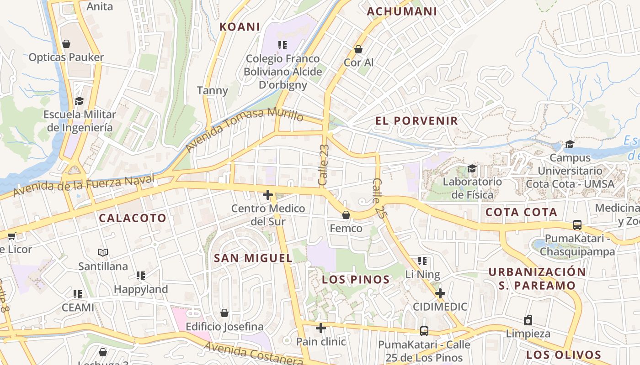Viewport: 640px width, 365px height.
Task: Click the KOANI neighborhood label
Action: click(x=240, y=27)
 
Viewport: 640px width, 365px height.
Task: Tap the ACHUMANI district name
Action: click(x=402, y=11)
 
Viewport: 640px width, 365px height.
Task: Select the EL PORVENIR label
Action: click(x=416, y=121)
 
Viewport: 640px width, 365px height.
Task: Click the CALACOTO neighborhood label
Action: click(x=133, y=218)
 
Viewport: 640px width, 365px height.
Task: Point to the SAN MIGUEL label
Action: click(x=253, y=258)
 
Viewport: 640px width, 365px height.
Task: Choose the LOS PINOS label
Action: click(x=356, y=280)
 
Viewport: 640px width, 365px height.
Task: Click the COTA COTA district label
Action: click(x=521, y=212)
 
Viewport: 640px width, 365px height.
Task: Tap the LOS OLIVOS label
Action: click(x=563, y=355)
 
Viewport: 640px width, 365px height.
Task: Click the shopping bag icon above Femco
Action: click(x=346, y=215)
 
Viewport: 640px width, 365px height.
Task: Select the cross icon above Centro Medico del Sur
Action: click(x=268, y=195)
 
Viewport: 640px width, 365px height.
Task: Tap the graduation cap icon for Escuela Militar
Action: click(x=80, y=101)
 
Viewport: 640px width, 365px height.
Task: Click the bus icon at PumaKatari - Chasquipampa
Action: click(x=577, y=225)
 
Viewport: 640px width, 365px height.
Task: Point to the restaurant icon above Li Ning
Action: click(x=422, y=261)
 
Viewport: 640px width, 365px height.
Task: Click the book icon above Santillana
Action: click(x=103, y=252)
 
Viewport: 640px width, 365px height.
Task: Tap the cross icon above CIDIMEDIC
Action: click(x=440, y=293)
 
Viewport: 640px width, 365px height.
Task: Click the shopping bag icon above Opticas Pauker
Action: click(x=66, y=44)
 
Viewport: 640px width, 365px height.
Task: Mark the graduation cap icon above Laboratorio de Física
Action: click(x=472, y=168)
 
